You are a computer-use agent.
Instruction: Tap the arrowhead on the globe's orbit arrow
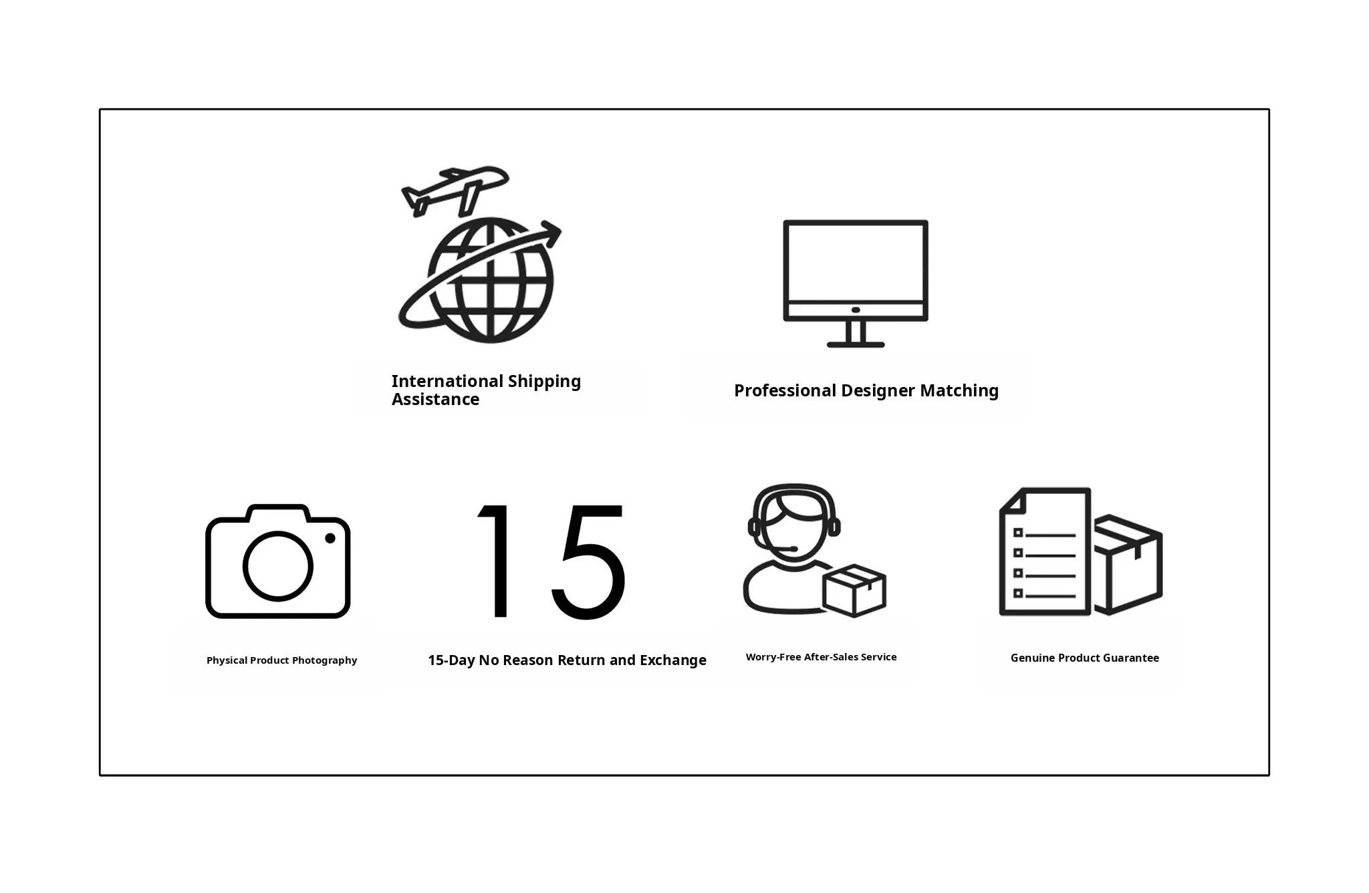[x=551, y=233]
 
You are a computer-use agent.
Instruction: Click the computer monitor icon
[x=856, y=283]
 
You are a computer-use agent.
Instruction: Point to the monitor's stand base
[x=856, y=345]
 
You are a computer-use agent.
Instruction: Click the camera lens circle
[x=277, y=565]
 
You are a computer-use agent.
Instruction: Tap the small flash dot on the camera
[x=330, y=538]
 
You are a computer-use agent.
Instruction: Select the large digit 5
[x=589, y=561]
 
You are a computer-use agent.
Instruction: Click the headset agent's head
[x=794, y=521]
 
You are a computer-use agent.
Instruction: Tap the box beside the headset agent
[x=854, y=590]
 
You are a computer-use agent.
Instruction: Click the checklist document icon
[x=1045, y=551]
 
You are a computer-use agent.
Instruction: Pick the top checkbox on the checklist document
[x=1018, y=533]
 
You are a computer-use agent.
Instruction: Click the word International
[x=447, y=381]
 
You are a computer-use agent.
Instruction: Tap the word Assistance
[x=435, y=399]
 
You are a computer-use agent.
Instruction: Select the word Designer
[x=878, y=391]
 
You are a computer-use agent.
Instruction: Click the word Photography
[x=324, y=660]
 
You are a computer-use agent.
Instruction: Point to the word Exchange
[x=673, y=660]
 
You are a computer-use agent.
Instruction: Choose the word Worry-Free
[x=773, y=657]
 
